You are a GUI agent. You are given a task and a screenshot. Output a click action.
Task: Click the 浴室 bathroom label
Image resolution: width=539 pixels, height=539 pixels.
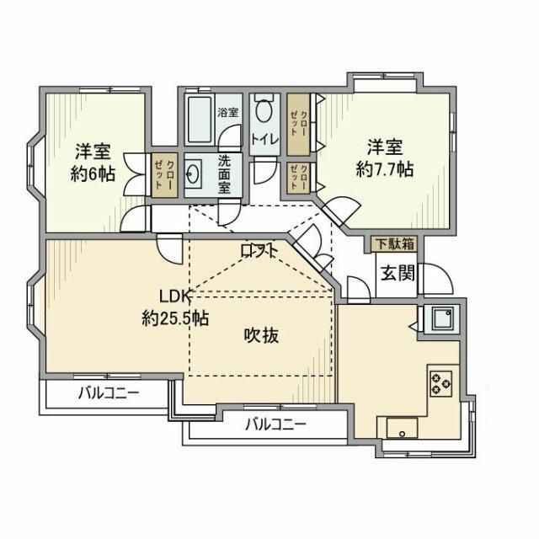pos(227,112)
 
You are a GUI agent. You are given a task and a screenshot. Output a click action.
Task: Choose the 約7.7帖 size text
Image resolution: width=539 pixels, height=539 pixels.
pos(384,168)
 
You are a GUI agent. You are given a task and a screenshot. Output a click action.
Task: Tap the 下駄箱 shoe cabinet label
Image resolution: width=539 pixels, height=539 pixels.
pos(394,244)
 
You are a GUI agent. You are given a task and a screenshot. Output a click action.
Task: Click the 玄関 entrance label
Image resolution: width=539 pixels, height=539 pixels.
pos(395,273)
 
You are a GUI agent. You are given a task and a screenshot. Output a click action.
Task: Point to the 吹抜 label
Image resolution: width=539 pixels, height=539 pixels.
pos(262,335)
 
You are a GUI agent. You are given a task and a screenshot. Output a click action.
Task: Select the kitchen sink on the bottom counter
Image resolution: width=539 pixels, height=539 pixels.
pos(404,429)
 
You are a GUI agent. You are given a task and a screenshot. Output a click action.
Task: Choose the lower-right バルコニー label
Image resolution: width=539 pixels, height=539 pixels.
pos(275,424)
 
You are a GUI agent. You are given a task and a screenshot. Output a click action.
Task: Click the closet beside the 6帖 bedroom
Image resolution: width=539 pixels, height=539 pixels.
pos(165,175)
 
